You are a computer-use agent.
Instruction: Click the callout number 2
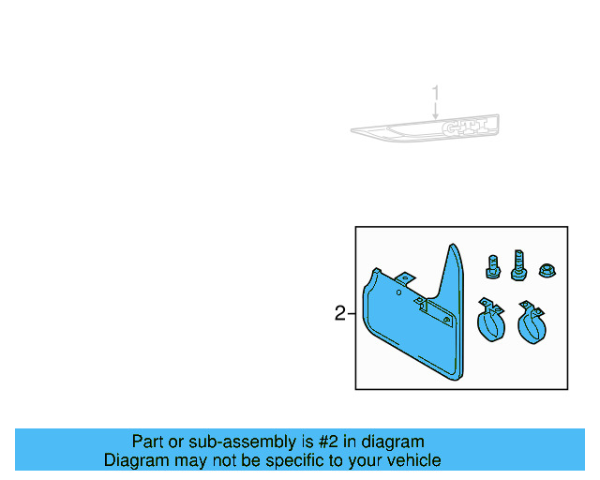click(x=340, y=313)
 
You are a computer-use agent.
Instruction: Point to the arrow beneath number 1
click(x=436, y=111)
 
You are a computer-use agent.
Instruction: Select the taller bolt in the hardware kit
click(x=517, y=263)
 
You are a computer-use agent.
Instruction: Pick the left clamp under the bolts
click(x=489, y=322)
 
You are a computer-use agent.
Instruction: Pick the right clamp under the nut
click(x=532, y=322)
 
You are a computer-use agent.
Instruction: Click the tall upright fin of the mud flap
click(x=454, y=281)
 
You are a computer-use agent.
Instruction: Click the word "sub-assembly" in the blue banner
click(x=225, y=442)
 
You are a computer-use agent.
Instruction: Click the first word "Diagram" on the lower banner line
click(x=135, y=460)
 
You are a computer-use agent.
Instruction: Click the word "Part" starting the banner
click(x=148, y=442)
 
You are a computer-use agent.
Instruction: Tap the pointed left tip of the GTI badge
click(x=354, y=130)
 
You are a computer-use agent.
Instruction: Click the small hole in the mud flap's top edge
click(x=398, y=293)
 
